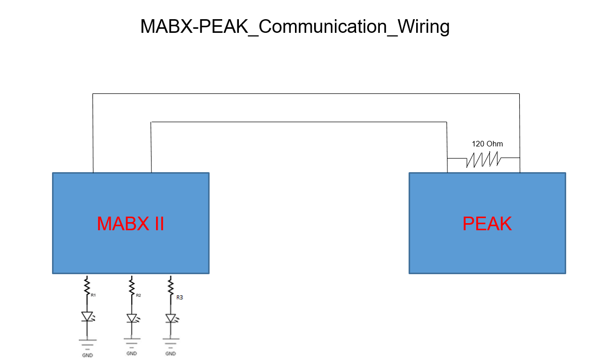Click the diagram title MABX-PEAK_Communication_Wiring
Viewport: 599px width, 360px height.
click(x=295, y=27)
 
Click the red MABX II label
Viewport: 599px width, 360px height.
click(x=130, y=224)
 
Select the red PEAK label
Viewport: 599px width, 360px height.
click(x=487, y=224)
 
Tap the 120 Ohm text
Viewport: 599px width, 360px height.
click(x=487, y=144)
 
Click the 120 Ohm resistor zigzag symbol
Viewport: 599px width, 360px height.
click(x=484, y=159)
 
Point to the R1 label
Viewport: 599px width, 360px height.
click(x=93, y=295)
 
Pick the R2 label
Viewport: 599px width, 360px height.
click(x=138, y=295)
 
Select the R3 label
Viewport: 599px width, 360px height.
click(x=179, y=297)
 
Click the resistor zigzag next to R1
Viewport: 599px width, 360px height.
click(x=87, y=286)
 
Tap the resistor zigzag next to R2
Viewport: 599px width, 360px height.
click(x=132, y=286)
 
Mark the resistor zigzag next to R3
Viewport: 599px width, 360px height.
click(x=170, y=286)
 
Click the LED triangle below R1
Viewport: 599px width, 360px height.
click(x=87, y=317)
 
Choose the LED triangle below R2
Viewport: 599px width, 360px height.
click(x=132, y=318)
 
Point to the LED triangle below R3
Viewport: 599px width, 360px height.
click(x=171, y=318)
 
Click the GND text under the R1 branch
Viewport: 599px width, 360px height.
click(x=87, y=355)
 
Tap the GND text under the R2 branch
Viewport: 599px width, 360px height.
click(x=132, y=353)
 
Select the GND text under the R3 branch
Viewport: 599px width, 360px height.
click(x=171, y=353)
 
